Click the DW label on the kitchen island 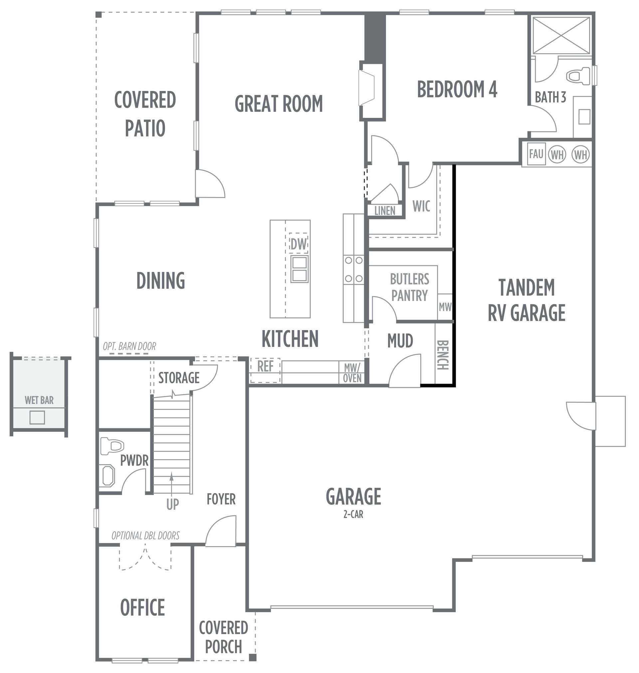tap(299, 244)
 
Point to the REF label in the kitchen tap(265, 366)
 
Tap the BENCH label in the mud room tap(443, 355)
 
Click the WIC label tap(421, 206)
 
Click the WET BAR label tap(39, 400)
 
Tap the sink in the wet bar tap(37, 418)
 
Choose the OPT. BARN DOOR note tap(129, 347)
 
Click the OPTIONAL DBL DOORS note tap(145, 536)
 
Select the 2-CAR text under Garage tap(353, 514)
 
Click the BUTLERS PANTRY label tap(409, 287)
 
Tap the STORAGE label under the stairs tap(179, 378)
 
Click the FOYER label tap(221, 499)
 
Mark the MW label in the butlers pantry tap(445, 307)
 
